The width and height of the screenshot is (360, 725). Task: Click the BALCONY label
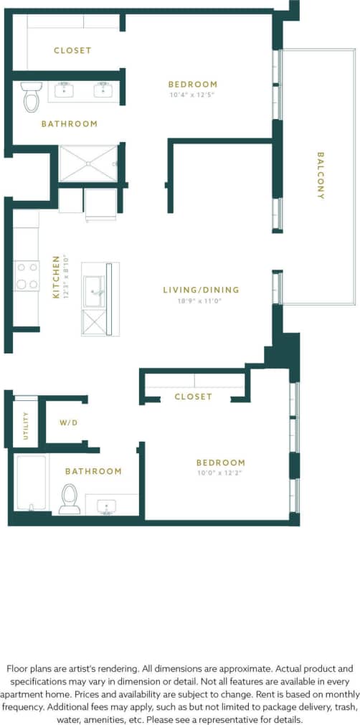pos(321,176)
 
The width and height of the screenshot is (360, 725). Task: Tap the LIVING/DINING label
pos(200,290)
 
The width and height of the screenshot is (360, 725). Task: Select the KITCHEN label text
pos(56,277)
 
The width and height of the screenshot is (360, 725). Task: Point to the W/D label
pos(68,423)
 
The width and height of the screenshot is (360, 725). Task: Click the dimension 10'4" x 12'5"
pos(191,95)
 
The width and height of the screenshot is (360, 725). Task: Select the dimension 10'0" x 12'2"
pos(221,474)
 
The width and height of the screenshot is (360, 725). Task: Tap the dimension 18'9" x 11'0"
pos(200,300)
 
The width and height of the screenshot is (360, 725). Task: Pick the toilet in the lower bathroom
pos(70,498)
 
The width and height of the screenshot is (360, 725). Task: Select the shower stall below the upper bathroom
pos(87,164)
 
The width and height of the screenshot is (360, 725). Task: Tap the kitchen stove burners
pos(27,275)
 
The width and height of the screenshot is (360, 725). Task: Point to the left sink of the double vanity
pos(64,90)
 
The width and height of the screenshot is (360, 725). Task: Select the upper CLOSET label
pos(72,50)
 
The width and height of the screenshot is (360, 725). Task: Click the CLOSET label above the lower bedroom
pos(194,397)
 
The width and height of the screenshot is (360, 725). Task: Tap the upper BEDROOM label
pos(192,84)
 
